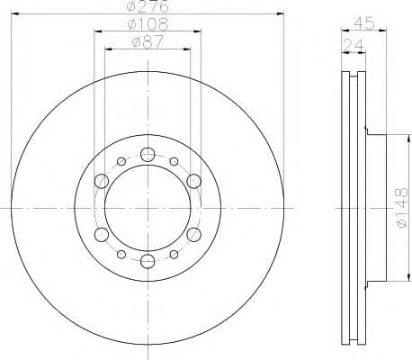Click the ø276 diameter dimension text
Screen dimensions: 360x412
148,7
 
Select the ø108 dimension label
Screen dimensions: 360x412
148,23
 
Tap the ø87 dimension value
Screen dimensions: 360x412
148,40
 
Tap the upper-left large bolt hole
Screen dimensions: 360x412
101,181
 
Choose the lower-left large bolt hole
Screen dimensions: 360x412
101,236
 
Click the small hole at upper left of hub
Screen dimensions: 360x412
121,162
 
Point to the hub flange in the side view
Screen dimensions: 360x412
377,208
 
